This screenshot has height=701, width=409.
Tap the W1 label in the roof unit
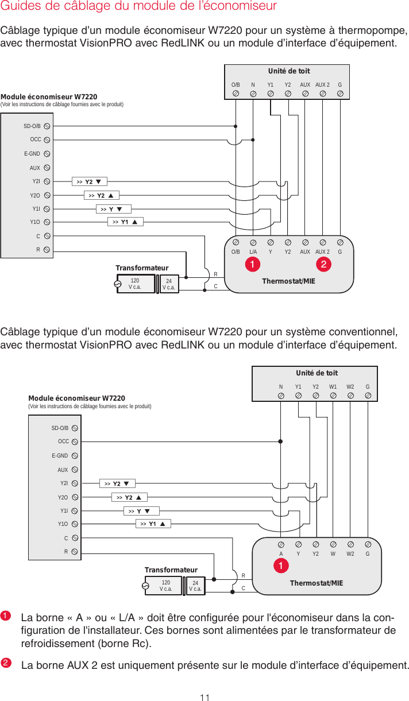(x=333, y=387)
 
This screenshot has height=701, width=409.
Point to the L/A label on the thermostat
(x=253, y=251)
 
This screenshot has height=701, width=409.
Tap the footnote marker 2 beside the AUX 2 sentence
(x=6, y=663)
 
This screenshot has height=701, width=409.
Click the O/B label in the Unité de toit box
(x=236, y=84)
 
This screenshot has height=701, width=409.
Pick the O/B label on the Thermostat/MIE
(x=236, y=251)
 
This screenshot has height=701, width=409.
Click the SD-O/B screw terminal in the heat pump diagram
(x=47, y=125)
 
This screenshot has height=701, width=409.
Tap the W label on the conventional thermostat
(x=333, y=555)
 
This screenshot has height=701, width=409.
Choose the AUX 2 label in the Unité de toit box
(x=323, y=84)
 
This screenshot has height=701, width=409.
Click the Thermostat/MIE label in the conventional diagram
(x=317, y=583)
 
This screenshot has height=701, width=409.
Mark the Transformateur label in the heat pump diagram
(x=142, y=268)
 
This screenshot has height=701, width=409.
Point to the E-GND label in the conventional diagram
(x=60, y=456)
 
